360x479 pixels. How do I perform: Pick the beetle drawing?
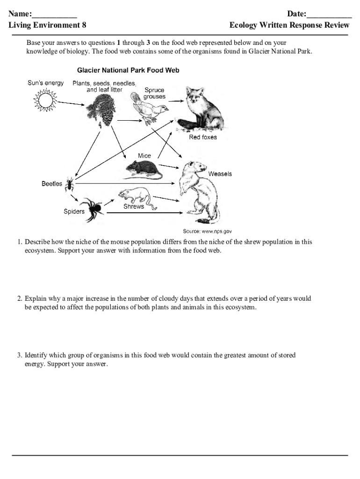coord(70,183)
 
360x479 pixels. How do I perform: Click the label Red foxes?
coord(203,138)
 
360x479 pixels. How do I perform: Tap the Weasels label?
coord(220,174)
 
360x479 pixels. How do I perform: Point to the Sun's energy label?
coord(45,83)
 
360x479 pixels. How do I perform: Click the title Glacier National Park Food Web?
coord(128,71)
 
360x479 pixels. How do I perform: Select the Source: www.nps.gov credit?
coord(207,231)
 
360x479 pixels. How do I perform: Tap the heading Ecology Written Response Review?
coord(289,25)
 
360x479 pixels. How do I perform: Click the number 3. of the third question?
coord(20,356)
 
